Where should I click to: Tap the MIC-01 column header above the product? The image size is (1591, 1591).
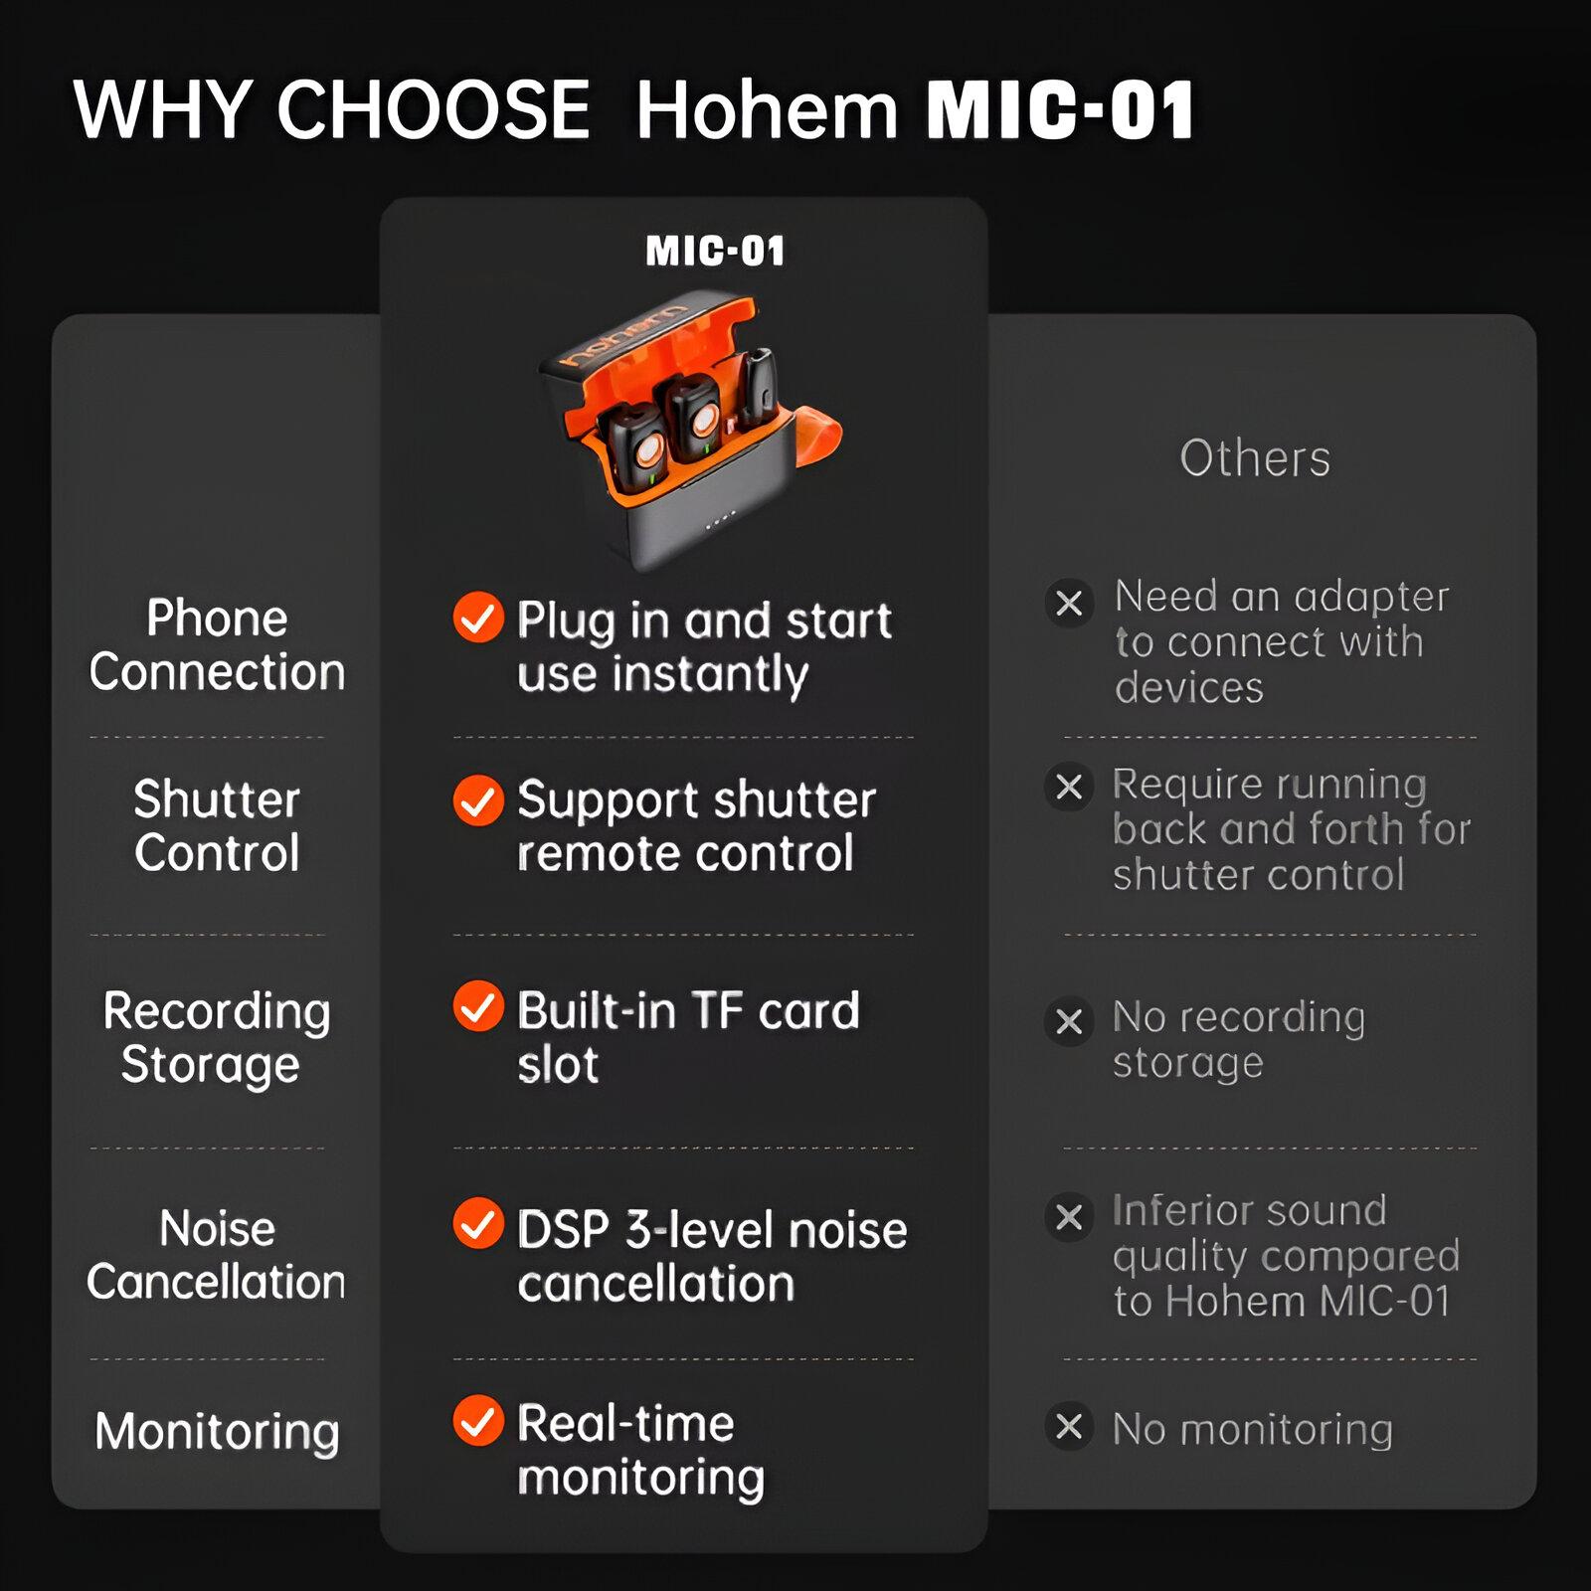pyautogui.click(x=715, y=251)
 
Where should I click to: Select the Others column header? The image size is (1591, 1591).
pyautogui.click(x=1255, y=458)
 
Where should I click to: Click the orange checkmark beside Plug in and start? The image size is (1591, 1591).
pyautogui.click(x=478, y=618)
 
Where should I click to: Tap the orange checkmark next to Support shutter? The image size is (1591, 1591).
pyautogui.click(x=478, y=800)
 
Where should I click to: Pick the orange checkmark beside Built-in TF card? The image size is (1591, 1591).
pyautogui.click(x=478, y=1006)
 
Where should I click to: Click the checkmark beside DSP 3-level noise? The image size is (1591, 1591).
pyautogui.click(x=478, y=1223)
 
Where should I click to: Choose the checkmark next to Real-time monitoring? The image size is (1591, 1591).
pyautogui.click(x=478, y=1420)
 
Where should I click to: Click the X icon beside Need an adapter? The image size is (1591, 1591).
pyautogui.click(x=1069, y=603)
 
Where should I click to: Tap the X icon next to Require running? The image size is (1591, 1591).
pyautogui.click(x=1069, y=787)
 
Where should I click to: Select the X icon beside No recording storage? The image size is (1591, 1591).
pyautogui.click(x=1069, y=1021)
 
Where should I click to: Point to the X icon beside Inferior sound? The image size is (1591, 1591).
pyautogui.click(x=1069, y=1216)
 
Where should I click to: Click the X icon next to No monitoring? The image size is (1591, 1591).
pyautogui.click(x=1069, y=1427)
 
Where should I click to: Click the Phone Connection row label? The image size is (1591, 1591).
pyautogui.click(x=217, y=644)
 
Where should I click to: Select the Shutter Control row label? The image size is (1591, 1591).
pyautogui.click(x=217, y=825)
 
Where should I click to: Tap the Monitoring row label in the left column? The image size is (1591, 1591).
pyautogui.click(x=217, y=1433)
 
